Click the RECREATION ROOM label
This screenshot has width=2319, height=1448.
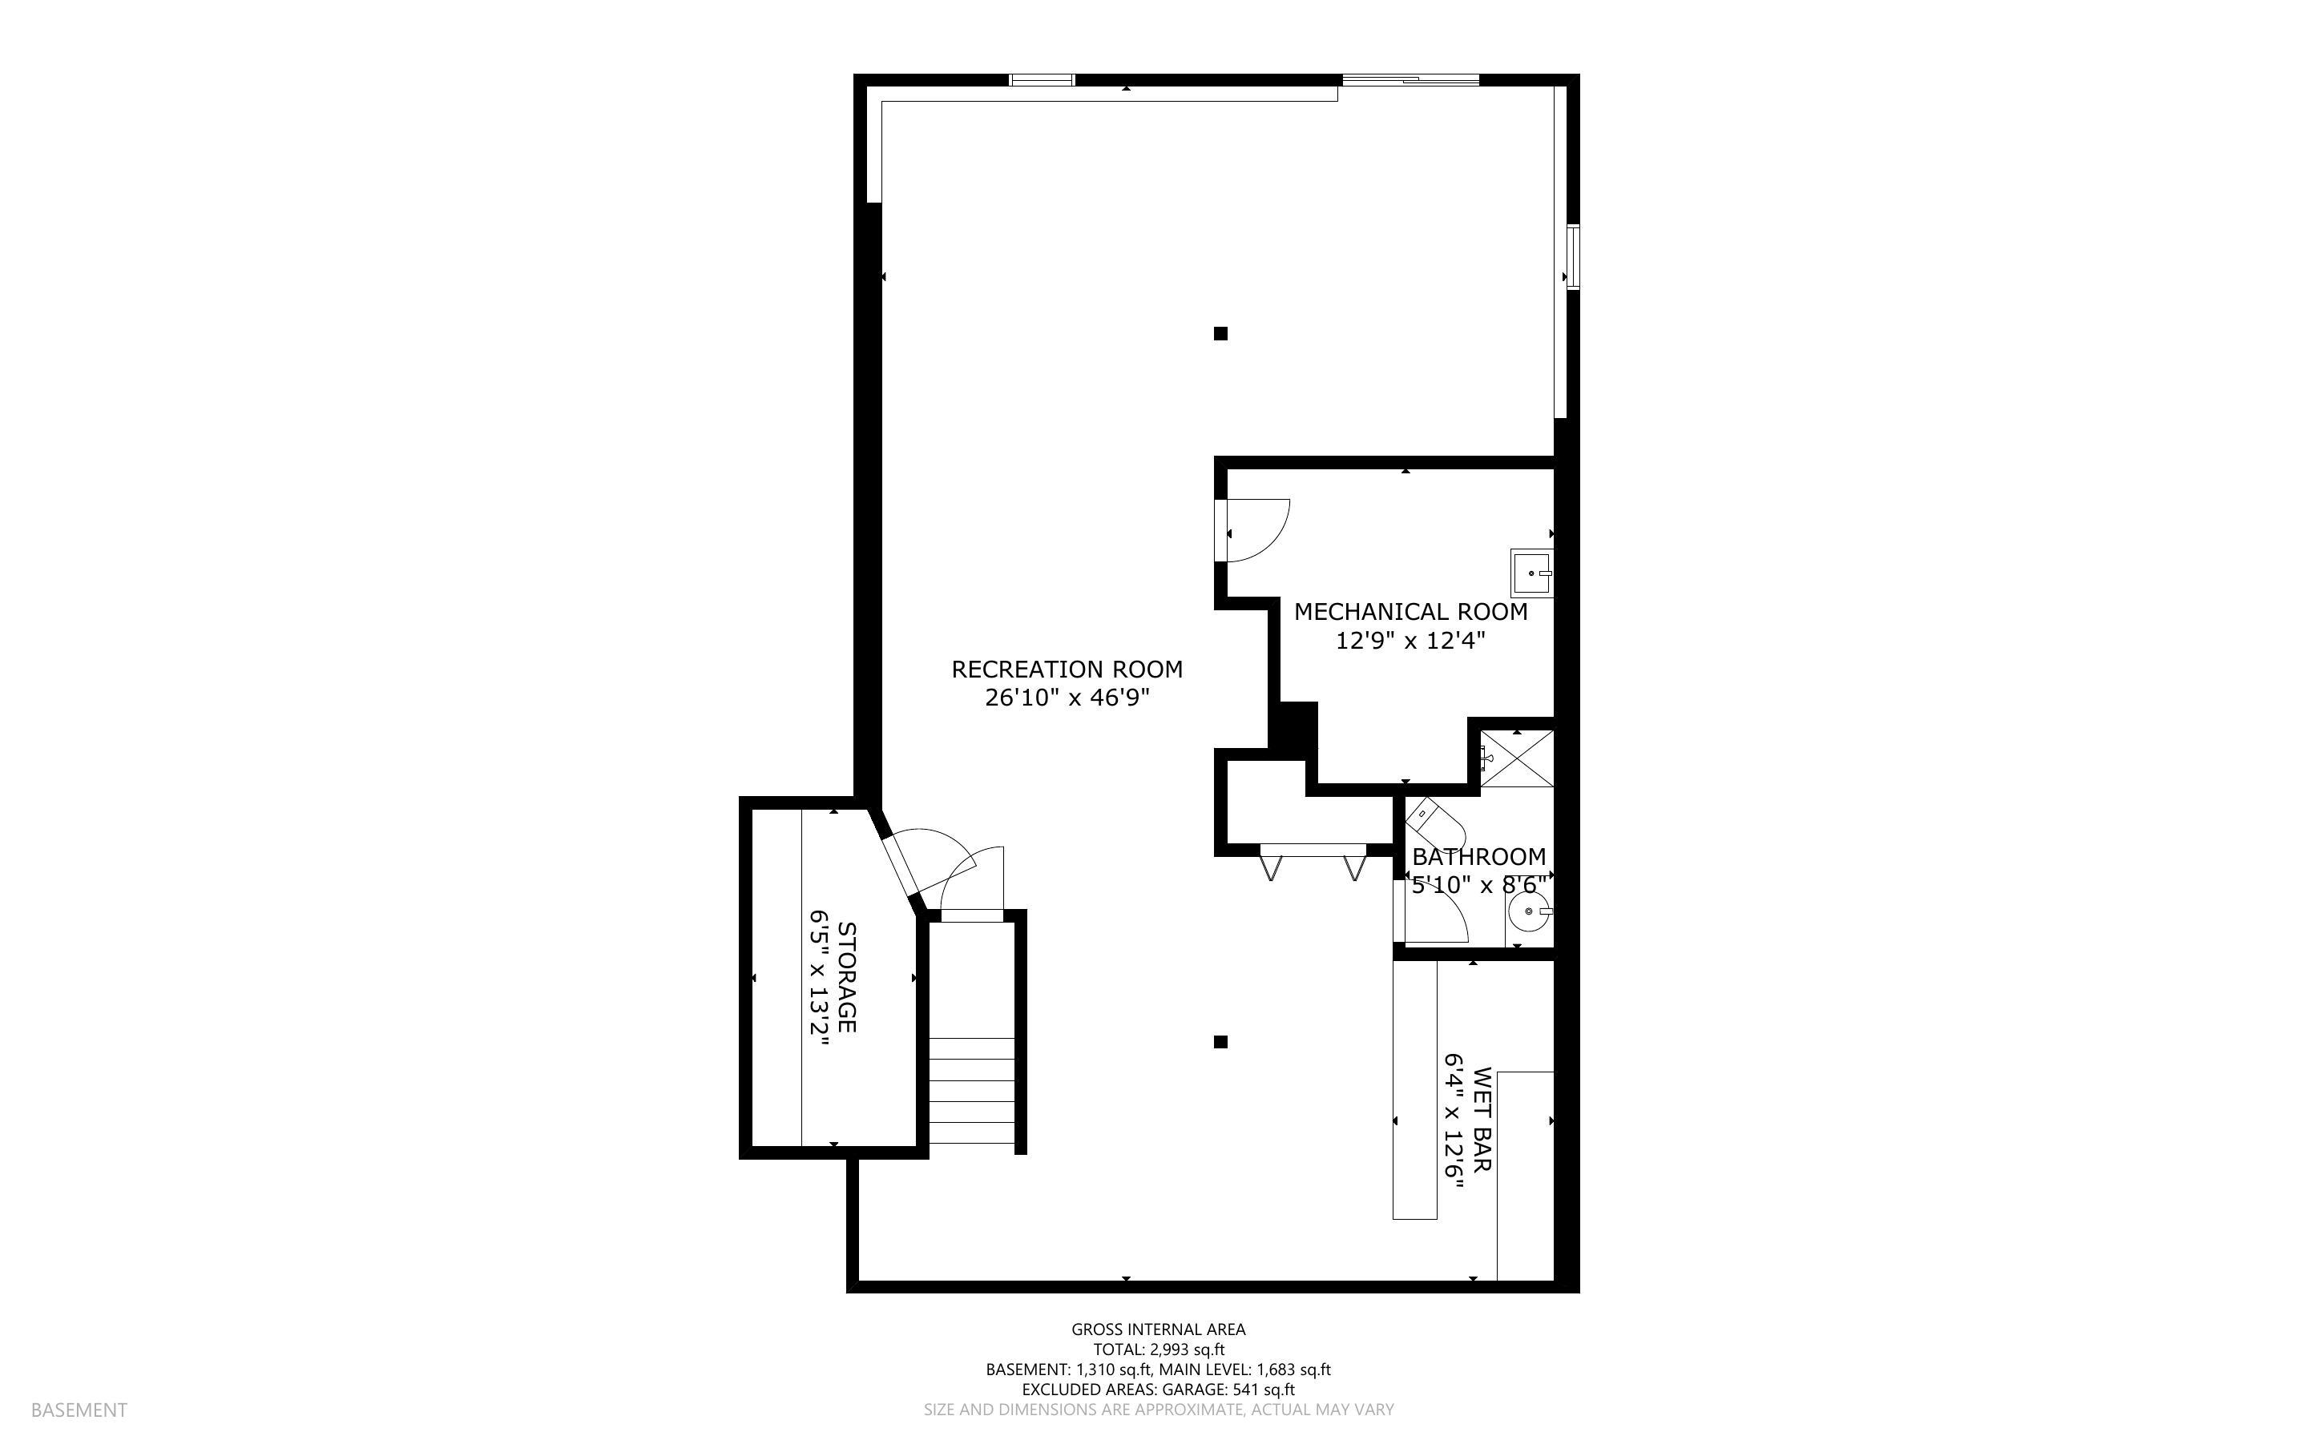tap(1066, 670)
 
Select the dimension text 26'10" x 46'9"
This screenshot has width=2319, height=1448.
tap(1066, 698)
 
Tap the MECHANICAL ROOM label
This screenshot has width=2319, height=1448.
tap(1410, 612)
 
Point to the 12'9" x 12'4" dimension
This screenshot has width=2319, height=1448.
tap(1410, 641)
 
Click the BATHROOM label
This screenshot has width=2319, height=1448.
tap(1478, 856)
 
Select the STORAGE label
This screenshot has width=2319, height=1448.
tap(847, 977)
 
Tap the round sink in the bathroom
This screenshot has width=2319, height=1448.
tap(1526, 911)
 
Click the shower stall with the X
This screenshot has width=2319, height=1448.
tap(1516, 758)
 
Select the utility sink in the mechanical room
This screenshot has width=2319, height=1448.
tap(1531, 573)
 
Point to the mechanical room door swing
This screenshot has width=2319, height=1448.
tap(1256, 532)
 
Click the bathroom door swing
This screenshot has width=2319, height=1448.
tap(1437, 911)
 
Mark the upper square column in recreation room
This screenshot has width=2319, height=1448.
tap(1220, 333)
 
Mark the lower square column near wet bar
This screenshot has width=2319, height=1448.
tap(1220, 1042)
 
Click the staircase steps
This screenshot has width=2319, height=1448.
tap(971, 1092)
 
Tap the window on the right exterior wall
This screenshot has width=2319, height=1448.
tap(1572, 255)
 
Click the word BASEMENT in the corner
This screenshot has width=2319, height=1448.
tap(79, 1410)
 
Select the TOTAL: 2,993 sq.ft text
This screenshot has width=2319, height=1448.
tap(1158, 1349)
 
